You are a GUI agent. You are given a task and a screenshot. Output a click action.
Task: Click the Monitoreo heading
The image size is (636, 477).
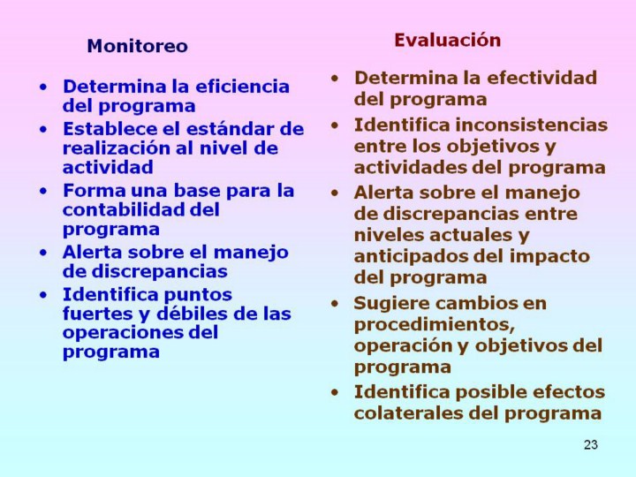tap(138, 46)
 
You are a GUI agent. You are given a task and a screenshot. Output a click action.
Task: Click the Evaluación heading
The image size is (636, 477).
tap(447, 40)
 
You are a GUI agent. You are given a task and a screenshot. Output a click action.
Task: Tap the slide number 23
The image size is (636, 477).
tap(591, 444)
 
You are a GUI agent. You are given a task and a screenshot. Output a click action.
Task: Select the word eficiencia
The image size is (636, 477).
tap(243, 87)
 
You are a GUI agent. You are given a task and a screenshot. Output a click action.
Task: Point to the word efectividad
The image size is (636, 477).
tap(541, 78)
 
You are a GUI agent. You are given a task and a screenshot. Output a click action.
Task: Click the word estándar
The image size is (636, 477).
tap(229, 129)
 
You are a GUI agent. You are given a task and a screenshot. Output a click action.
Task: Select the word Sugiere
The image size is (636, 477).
tap(389, 304)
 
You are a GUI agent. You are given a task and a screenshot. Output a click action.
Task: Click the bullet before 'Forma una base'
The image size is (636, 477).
tap(43, 191)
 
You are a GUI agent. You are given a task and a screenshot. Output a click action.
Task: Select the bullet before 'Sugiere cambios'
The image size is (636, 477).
tap(335, 304)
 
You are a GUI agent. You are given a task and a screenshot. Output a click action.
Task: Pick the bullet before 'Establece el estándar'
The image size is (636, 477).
tap(43, 129)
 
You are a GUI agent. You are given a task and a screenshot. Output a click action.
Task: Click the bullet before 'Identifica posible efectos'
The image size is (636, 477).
tap(335, 392)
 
